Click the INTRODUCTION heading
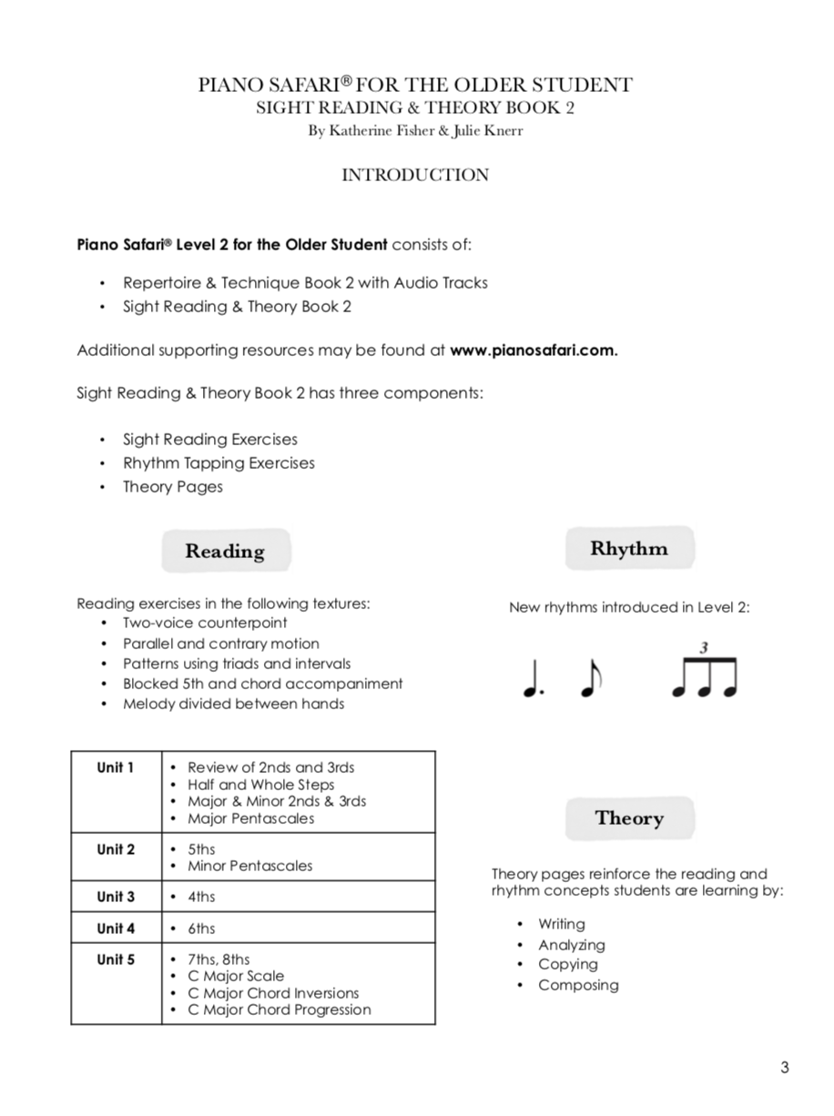(415, 175)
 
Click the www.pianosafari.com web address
(534, 350)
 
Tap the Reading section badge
(225, 551)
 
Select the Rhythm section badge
(628, 548)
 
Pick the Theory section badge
(628, 817)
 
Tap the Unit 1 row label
(116, 767)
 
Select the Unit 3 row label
(116, 897)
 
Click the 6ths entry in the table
(201, 928)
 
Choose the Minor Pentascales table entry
(249, 866)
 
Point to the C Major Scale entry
(235, 976)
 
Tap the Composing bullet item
(578, 985)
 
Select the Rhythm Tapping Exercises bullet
(219, 462)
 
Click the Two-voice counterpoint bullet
(205, 623)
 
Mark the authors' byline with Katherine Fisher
(415, 131)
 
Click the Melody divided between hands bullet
(234, 704)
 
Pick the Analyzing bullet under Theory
(571, 945)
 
